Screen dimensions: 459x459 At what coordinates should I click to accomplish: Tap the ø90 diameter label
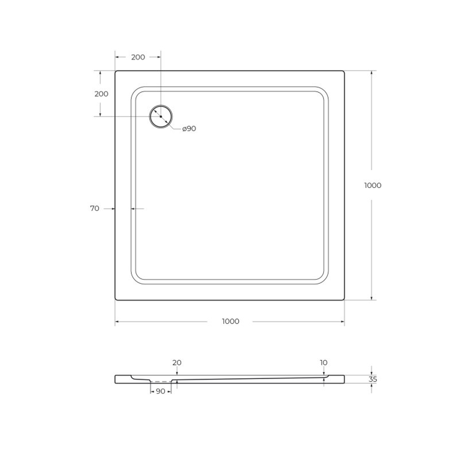tap(189, 129)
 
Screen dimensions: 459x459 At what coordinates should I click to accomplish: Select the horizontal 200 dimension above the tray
tap(138, 57)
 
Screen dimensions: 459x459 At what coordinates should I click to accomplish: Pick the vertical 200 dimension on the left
tap(101, 94)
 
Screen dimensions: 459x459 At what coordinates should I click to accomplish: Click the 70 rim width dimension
tap(95, 208)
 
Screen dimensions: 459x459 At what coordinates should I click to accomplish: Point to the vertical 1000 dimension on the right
tap(372, 185)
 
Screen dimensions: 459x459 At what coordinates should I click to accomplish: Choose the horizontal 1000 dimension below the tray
tap(230, 321)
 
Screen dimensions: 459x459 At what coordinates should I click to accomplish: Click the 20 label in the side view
tap(177, 363)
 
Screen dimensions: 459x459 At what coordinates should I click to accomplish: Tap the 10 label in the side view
tap(324, 363)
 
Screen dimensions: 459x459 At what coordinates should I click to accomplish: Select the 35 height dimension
tap(373, 380)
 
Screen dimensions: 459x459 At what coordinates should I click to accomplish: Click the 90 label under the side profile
tap(161, 392)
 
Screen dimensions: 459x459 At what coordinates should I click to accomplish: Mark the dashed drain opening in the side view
tap(161, 381)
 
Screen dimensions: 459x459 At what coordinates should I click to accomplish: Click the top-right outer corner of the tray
tap(343, 72)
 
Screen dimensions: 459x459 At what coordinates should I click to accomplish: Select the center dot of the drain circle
tap(161, 117)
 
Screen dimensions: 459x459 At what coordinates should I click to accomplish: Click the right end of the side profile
tap(343, 379)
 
